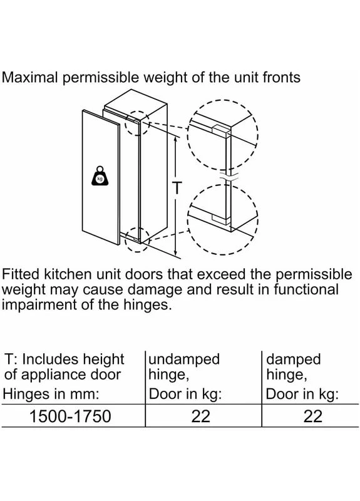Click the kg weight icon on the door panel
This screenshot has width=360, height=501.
pos(100,176)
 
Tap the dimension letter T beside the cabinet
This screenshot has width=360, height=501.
pos(177,187)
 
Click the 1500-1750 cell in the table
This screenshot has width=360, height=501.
pos(70,416)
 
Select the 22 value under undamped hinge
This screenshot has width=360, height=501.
pos(201,416)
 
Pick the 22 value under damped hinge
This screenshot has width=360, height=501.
pos(313,416)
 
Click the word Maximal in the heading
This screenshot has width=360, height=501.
pos(30,78)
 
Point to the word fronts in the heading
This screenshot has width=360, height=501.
pos(281,78)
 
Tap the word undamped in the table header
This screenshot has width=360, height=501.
pos(184,359)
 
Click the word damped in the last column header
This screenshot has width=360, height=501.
pos(293,359)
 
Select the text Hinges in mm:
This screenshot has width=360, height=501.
pos(51,394)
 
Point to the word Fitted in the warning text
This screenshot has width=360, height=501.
pos(21,274)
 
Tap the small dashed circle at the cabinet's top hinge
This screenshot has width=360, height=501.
pos(137,123)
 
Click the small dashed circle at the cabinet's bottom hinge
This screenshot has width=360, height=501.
pos(137,239)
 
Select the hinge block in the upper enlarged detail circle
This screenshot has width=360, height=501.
pos(220,131)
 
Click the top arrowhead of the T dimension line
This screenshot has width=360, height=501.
pos(175,139)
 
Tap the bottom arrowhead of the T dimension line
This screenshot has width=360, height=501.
pos(175,252)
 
